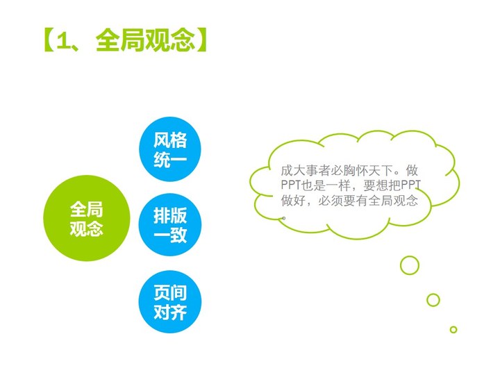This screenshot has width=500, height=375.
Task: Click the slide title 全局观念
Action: pyautogui.click(x=145, y=40)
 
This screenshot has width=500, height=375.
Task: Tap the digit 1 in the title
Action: pyautogui.click(x=62, y=41)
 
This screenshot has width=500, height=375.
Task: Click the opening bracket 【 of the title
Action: pyautogui.click(x=48, y=40)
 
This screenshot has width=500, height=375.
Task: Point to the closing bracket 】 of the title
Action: pyautogui.click(x=202, y=40)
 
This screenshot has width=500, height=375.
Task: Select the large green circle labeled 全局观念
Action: pyautogui.click(x=87, y=218)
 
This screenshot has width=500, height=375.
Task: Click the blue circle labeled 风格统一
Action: pyautogui.click(x=170, y=149)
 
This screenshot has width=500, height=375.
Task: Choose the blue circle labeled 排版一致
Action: pyautogui.click(x=170, y=225)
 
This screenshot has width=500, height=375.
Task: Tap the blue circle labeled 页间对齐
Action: pyautogui.click(x=170, y=301)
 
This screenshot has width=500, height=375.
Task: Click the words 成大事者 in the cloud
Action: pyautogui.click(x=306, y=171)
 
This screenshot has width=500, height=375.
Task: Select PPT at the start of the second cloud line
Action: pyautogui.click(x=291, y=185)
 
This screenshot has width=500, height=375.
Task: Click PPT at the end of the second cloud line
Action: pyautogui.click(x=410, y=185)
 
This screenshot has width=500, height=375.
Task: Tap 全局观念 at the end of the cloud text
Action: pyautogui.click(x=393, y=200)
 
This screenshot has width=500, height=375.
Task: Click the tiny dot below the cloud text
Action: pyautogui.click(x=284, y=218)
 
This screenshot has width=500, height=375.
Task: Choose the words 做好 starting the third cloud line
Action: pyautogui.click(x=293, y=200)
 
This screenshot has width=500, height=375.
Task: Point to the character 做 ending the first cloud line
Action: pyautogui.click(x=412, y=171)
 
